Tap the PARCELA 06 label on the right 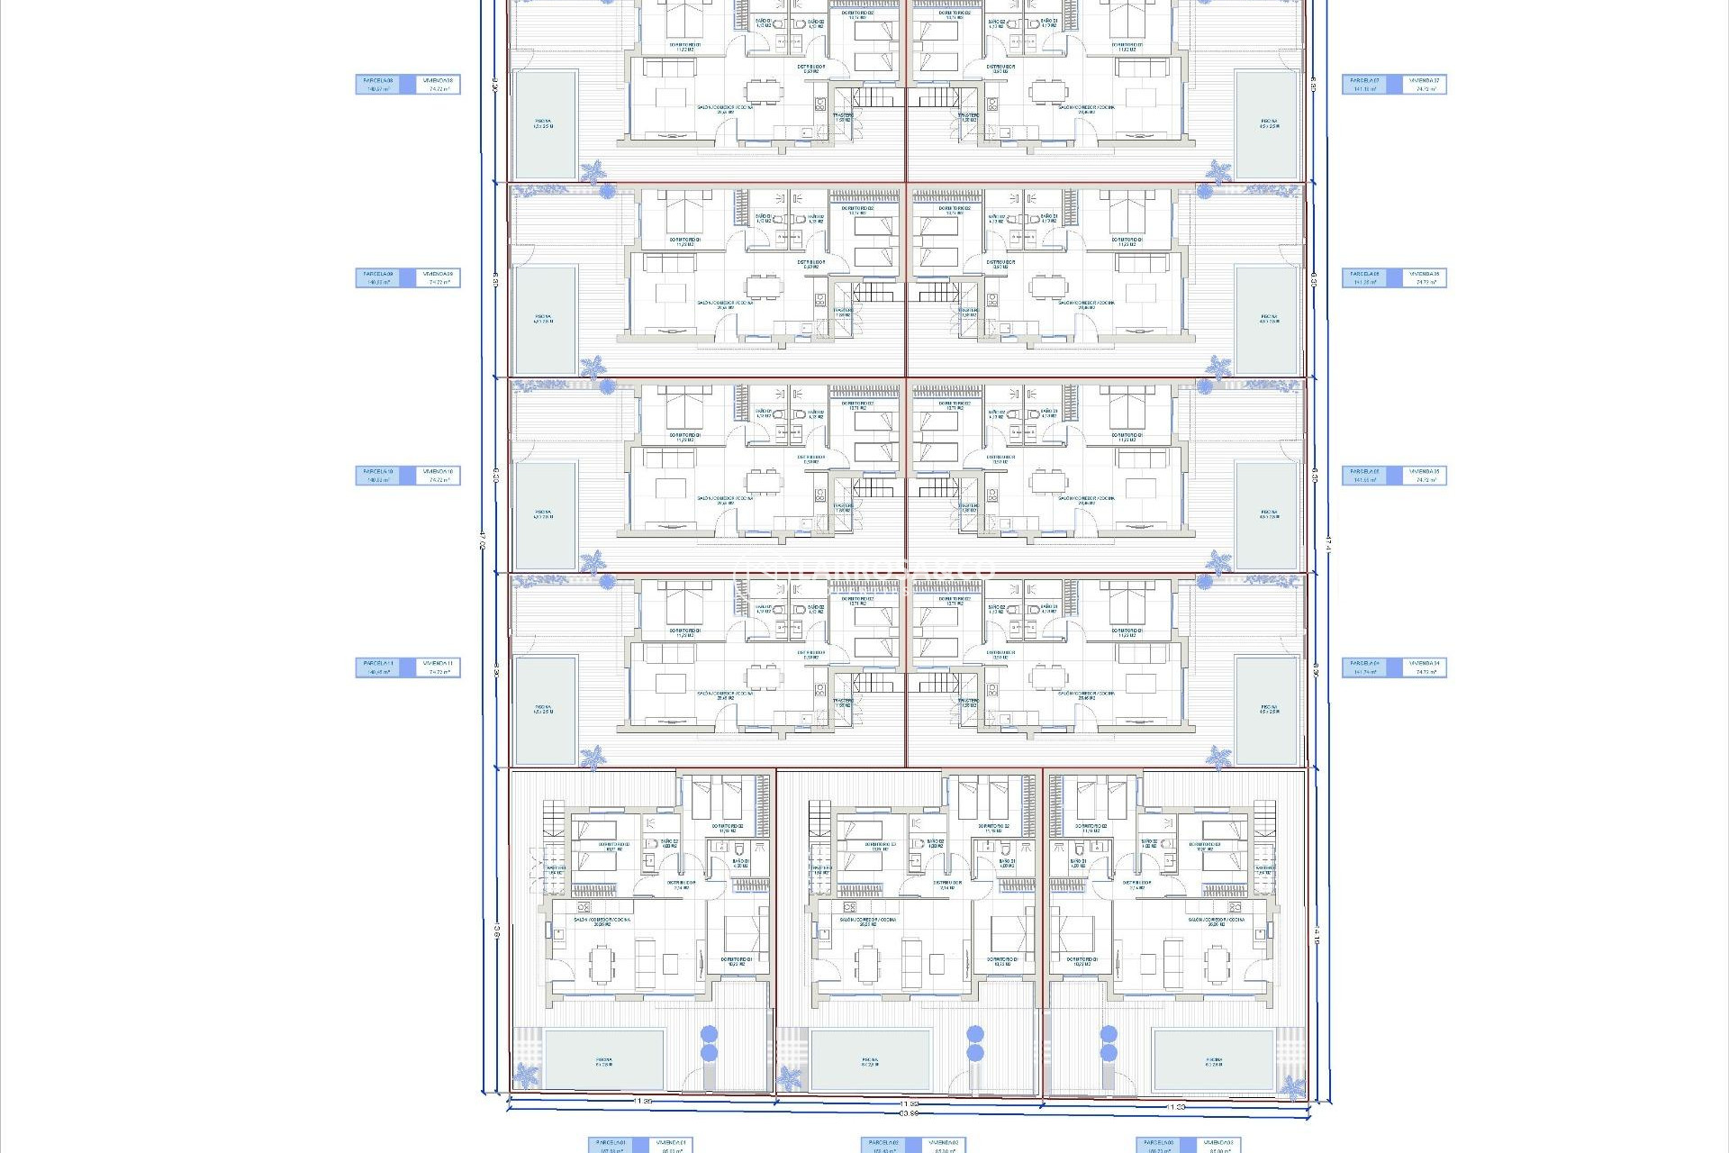pyautogui.click(x=1366, y=278)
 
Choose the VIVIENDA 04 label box pyautogui.click(x=1425, y=667)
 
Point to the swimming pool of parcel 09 pyautogui.click(x=545, y=320)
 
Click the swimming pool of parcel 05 pyautogui.click(x=1269, y=515)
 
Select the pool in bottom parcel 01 pyautogui.click(x=604, y=1060)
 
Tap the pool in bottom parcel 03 pyautogui.click(x=1213, y=1060)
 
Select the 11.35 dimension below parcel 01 pyautogui.click(x=642, y=1101)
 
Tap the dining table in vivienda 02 pyautogui.click(x=866, y=964)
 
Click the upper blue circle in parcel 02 pyautogui.click(x=974, y=1033)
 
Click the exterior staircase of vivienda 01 pyautogui.click(x=552, y=820)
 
